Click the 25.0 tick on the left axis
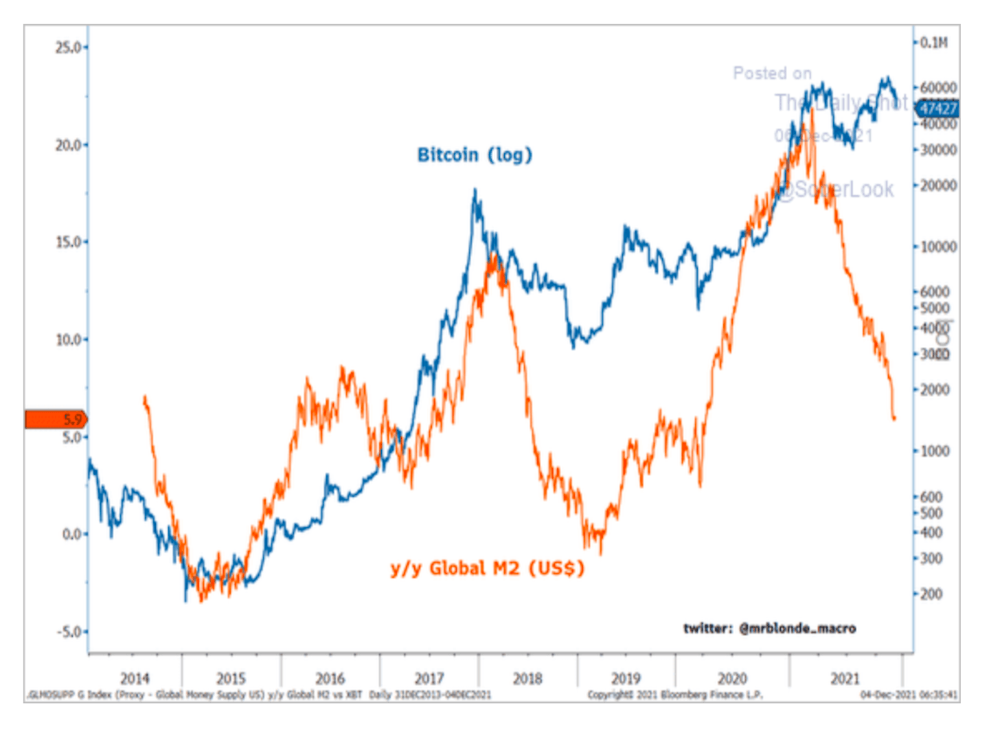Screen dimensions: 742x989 coord(69,47)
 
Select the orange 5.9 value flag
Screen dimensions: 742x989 coord(56,419)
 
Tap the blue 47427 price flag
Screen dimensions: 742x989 coord(938,108)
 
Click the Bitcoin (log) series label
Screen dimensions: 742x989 coord(475,155)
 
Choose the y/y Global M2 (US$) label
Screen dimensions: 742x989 coord(487,569)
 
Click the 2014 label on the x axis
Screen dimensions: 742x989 coord(135,679)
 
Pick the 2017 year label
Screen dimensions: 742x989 coord(429,679)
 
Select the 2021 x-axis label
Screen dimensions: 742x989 coord(845,679)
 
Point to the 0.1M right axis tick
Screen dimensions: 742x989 coord(934,43)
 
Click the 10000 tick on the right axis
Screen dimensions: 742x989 coord(938,247)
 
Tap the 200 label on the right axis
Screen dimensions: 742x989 coord(931,594)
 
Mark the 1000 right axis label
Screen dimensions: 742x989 coord(935,451)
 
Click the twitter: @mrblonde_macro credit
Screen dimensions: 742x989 coord(769,628)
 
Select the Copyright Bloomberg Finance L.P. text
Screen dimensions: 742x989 coord(675,695)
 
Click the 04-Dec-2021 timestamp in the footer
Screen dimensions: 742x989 coord(909,695)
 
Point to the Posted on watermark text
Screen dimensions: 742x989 coord(772,74)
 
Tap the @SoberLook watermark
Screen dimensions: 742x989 coord(835,190)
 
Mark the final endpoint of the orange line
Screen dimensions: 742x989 coord(894,418)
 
